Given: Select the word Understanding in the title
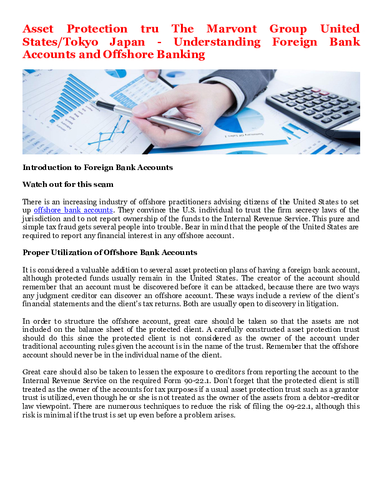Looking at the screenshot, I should pyautogui.click(x=217, y=42).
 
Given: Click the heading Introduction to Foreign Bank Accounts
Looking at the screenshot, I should pyautogui.click(x=97, y=167).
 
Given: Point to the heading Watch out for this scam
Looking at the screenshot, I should pyautogui.click(x=68, y=184).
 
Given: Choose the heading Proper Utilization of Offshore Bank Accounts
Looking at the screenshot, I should pyautogui.click(x=110, y=252).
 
